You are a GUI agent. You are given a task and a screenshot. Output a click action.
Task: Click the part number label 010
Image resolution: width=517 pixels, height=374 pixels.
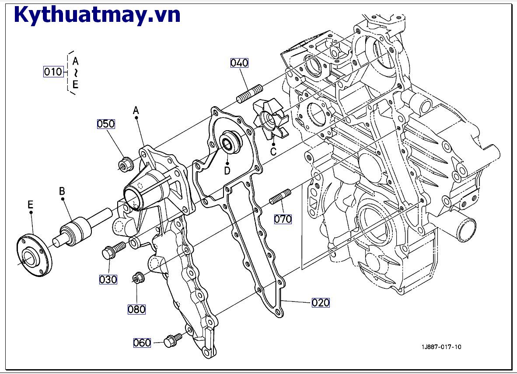click(53, 71)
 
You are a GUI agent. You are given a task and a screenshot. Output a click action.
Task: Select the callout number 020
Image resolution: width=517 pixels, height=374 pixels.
click(321, 302)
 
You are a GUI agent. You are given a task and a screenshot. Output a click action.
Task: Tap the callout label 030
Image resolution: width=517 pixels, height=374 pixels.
click(108, 279)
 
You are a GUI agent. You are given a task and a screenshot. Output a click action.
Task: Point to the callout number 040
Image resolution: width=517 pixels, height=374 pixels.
click(239, 62)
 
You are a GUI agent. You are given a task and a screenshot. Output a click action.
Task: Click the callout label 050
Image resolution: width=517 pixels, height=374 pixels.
click(106, 124)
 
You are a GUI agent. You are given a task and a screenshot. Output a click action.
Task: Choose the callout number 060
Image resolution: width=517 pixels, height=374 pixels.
click(142, 343)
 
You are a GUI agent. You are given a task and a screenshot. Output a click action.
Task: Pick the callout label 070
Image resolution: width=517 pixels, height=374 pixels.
click(283, 219)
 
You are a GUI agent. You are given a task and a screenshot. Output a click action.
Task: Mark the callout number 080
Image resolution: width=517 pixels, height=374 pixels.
click(136, 309)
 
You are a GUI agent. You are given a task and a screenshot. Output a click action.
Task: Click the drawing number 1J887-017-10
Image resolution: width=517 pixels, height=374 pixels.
click(441, 347)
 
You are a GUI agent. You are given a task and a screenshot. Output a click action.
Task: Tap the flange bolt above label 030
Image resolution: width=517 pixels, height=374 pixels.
click(113, 250)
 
